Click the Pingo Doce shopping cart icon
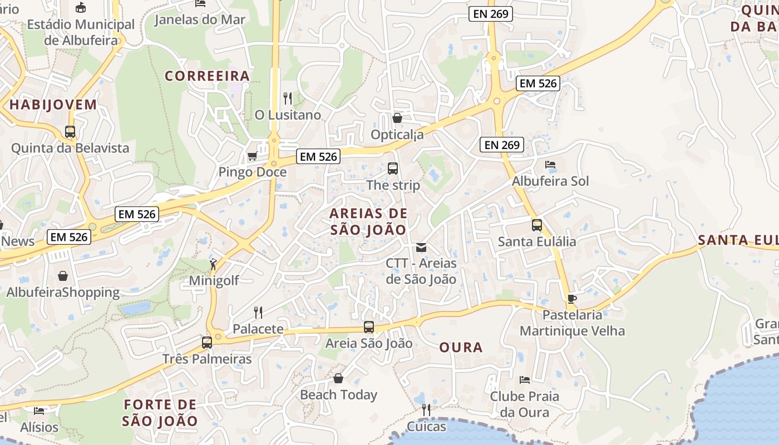tap(252, 156)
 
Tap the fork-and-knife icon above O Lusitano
tap(288, 98)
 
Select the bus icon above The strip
tap(393, 169)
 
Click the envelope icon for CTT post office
tap(421, 248)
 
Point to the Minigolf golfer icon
tap(213, 264)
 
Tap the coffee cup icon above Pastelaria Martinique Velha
tap(571, 299)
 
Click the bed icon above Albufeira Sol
tap(550, 165)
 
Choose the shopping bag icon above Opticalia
tap(397, 118)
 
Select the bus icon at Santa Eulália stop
tap(537, 225)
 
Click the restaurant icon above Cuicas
tap(426, 411)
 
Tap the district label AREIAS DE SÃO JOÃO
tap(368, 221)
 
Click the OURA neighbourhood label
tap(461, 348)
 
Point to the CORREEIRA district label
tap(207, 76)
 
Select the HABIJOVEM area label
tap(53, 105)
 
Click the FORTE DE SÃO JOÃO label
tap(160, 413)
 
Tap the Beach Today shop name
tap(338, 395)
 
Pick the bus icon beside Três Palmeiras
tap(207, 343)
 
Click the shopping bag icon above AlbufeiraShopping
tap(63, 276)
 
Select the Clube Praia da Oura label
tap(524, 404)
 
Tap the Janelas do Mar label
tap(200, 20)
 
